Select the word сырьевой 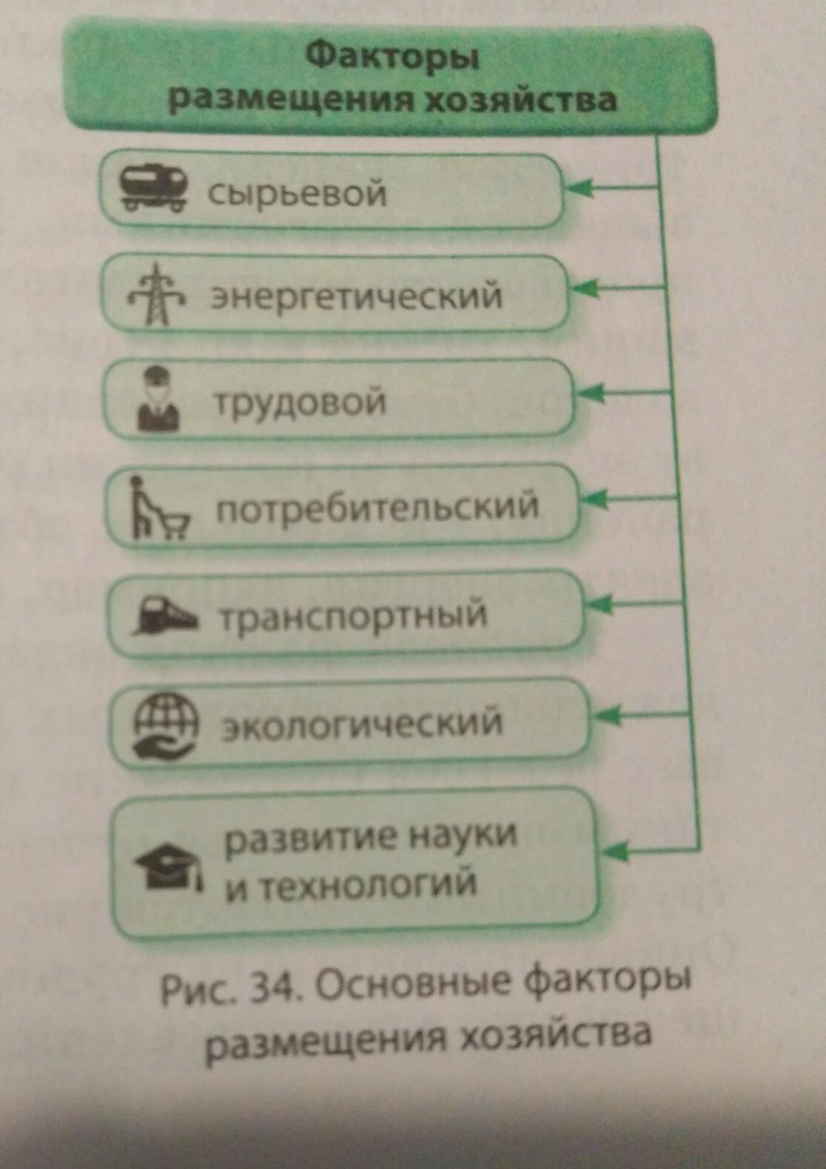pos(297,194)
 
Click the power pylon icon pos(157,295)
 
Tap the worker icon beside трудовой pos(158,400)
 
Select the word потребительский pos(377,509)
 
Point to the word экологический pos(362,723)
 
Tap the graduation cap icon pos(168,866)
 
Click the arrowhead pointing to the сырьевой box pos(578,189)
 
